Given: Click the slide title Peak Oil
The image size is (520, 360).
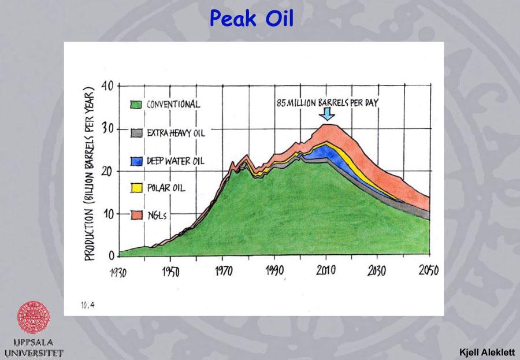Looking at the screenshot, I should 251,18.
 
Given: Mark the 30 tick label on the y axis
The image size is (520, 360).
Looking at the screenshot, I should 108,128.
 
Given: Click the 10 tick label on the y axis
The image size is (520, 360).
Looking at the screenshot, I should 108,214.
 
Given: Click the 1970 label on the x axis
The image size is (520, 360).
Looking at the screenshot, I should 222,271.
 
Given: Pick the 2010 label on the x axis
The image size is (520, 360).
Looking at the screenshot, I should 326,271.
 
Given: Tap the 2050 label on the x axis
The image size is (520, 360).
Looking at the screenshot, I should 428,271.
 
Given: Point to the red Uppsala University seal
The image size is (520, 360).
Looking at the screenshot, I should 34,317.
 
